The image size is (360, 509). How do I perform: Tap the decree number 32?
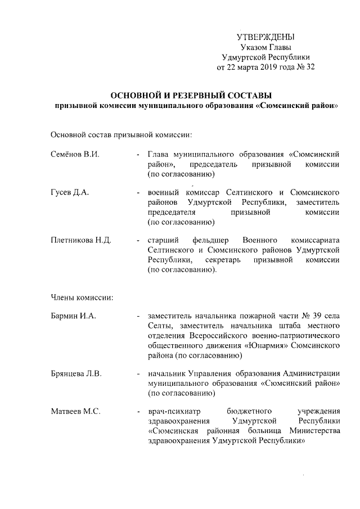(310, 67)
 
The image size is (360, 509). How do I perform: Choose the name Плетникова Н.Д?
(81, 240)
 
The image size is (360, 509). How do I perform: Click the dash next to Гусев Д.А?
(138, 193)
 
